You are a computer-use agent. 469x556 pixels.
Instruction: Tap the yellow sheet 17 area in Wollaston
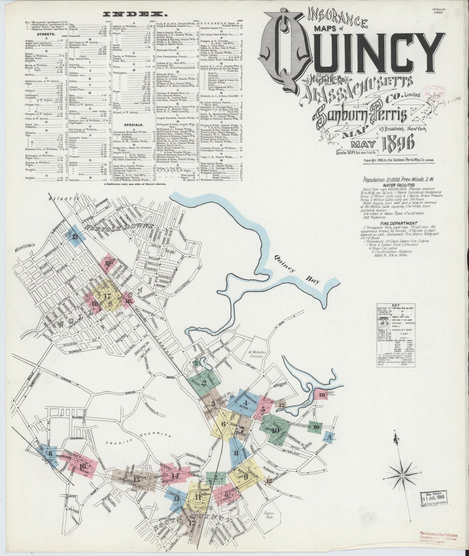pyautogui.click(x=107, y=296)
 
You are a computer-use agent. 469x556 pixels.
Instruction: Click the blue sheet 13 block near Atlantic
pyautogui.click(x=75, y=236)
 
